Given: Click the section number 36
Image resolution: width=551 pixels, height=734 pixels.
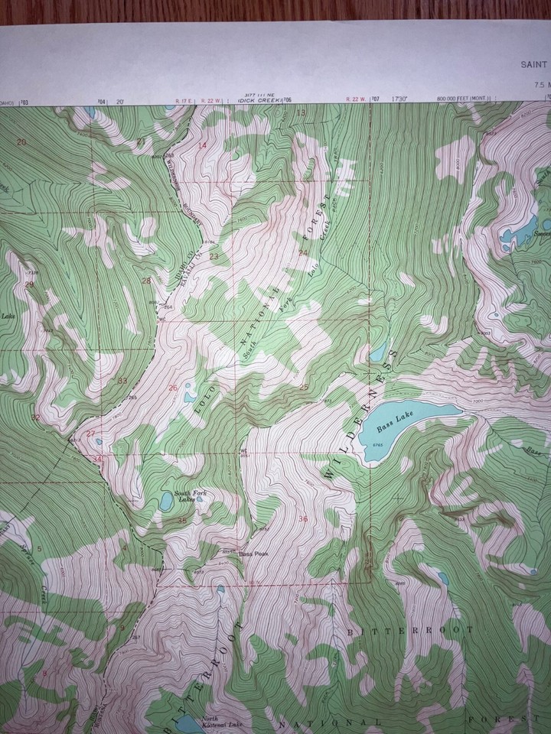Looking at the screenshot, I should pos(302,519).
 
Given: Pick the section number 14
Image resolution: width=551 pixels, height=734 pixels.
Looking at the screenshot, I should pos(203,145).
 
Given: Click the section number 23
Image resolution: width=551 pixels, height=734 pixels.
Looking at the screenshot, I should pos(214,255).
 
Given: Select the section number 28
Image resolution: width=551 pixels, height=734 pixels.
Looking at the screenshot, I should pos(145,281).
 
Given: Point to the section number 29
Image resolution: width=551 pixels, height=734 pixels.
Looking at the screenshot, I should pos(29,284).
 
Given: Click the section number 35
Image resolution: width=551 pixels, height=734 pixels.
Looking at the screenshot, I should pos(182,520).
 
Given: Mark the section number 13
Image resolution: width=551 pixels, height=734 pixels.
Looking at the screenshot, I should pos(301,113).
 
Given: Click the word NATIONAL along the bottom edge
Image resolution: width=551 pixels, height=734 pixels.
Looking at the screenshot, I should pos(328,722).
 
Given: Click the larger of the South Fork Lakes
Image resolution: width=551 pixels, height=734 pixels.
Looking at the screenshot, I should pos(165,502).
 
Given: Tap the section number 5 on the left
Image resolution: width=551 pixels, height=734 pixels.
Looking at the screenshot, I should pos(38,549).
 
